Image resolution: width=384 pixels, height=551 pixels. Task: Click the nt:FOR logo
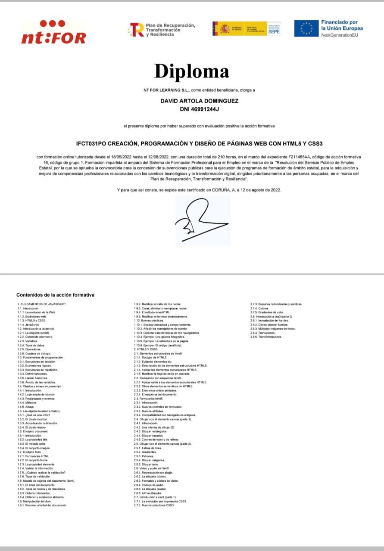[x=53, y=32]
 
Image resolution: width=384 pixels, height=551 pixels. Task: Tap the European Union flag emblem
[x=306, y=28]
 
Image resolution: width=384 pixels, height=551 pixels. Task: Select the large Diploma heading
[x=192, y=71]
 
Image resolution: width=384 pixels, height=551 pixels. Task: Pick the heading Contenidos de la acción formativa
[x=55, y=295]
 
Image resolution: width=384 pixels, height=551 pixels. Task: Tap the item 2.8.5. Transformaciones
[x=266, y=337]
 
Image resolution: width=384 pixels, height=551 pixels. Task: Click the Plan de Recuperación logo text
[x=170, y=30]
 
